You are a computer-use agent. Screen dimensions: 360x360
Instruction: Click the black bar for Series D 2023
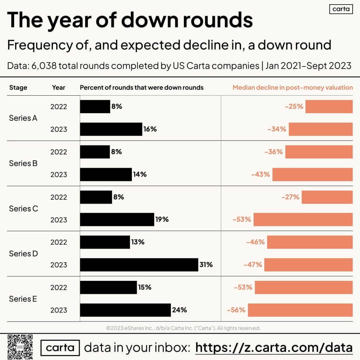(139, 265)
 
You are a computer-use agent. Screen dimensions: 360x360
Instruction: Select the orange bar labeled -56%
(300, 310)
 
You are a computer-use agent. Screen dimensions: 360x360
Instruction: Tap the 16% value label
(150, 129)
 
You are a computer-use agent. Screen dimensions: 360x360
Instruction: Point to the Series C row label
(23, 208)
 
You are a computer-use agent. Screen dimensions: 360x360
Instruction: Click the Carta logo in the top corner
(341, 9)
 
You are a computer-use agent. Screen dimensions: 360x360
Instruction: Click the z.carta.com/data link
(274, 348)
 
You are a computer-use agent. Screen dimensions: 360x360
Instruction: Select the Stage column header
(18, 88)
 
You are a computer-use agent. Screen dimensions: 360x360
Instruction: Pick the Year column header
(58, 88)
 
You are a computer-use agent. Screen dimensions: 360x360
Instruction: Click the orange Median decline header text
(292, 88)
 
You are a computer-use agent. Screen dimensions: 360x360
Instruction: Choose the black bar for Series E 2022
(108, 287)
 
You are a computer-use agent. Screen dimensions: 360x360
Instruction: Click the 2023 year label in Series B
(58, 174)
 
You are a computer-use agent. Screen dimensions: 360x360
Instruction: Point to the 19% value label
(162, 219)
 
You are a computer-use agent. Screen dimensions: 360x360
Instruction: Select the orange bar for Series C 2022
(327, 197)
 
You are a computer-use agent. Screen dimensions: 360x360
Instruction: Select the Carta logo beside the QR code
(60, 348)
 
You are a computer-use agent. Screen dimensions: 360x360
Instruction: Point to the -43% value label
(261, 174)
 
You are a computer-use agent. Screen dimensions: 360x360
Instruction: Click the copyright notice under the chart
(183, 328)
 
